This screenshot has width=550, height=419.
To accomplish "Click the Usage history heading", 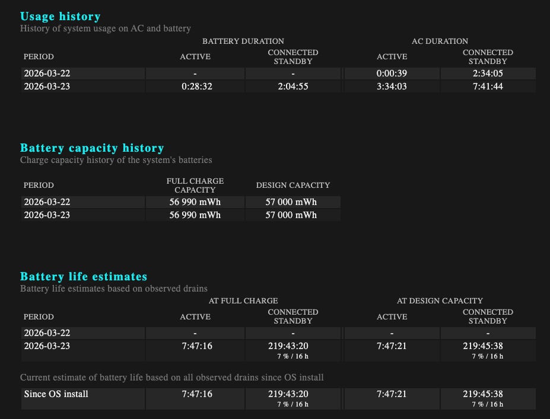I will pos(60,17).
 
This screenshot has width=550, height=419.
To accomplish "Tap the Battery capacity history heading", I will pos(92,148).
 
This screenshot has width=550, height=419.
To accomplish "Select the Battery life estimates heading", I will pos(84,277).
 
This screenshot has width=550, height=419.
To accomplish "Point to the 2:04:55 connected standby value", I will pos(293,87).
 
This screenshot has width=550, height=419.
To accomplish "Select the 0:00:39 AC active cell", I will pos(392,73).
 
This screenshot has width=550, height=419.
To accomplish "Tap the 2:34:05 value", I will pos(488,73).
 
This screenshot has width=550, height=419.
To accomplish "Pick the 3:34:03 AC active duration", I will pos(392,87).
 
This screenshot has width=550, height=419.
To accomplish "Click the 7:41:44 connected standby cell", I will pos(488,87).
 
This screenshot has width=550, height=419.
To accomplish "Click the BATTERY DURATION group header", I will pos(243,41).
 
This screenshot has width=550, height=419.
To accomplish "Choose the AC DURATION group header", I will pos(440,41).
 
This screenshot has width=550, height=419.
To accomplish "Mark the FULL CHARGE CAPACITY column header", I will pos(195,185).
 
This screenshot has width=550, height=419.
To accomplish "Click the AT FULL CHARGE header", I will pos(243,300).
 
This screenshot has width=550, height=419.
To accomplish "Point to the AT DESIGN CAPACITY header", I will pos(440,300).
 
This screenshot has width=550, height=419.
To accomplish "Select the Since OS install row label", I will pos(56,394).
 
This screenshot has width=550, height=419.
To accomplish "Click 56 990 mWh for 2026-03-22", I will pos(195,202).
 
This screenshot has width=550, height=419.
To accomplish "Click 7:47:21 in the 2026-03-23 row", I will pos(392,346).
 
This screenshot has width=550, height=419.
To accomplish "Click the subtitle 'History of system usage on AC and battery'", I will pos(106,28).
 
